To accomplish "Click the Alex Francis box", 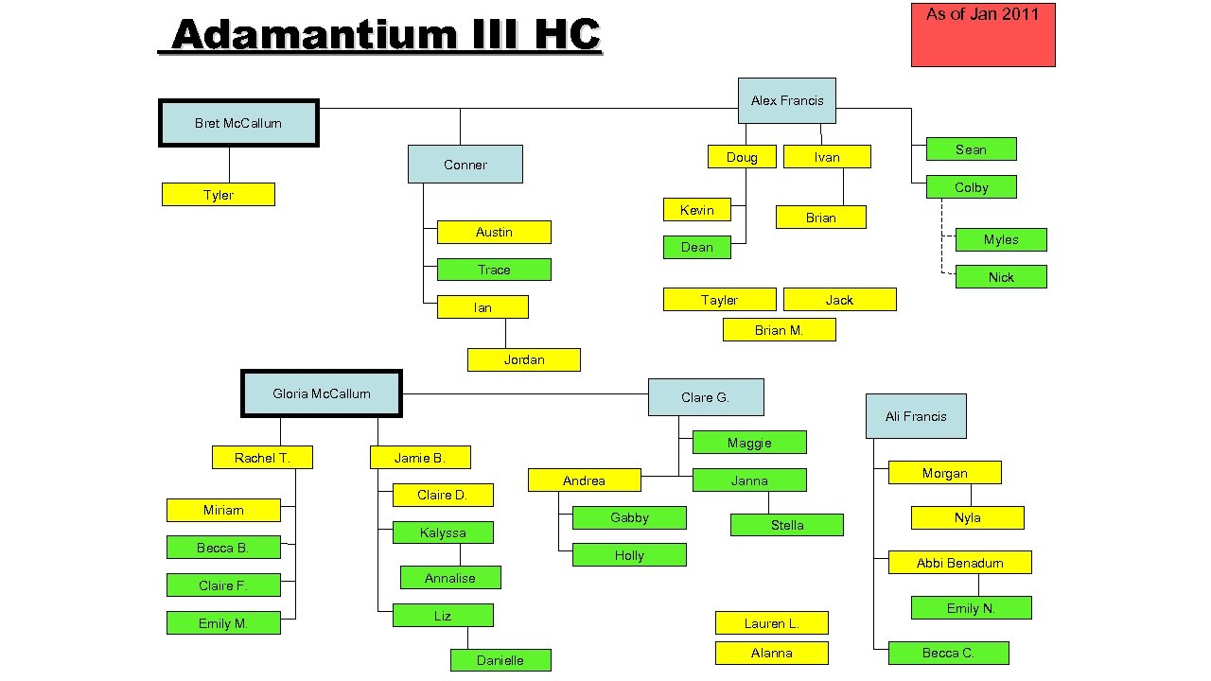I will (x=786, y=100).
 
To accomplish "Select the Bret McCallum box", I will (x=238, y=123).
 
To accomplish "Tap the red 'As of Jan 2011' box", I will (x=982, y=35).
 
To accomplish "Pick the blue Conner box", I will (x=465, y=165).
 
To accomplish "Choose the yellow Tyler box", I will (x=219, y=195).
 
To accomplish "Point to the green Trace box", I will (x=494, y=270).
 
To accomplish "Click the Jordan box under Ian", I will (x=524, y=359).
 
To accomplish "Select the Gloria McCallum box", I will (x=322, y=393).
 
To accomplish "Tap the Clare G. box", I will (x=706, y=397).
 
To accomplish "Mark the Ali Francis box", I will (x=916, y=416).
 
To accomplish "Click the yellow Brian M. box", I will (x=779, y=329).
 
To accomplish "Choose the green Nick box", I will (x=1001, y=277).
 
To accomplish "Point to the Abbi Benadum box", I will (x=959, y=563).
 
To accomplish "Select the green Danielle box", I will (x=500, y=660).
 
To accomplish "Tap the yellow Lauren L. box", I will (x=771, y=623).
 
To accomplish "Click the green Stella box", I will (x=787, y=525).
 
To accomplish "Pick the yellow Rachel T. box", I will (x=262, y=458).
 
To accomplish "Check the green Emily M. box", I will (x=223, y=623).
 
